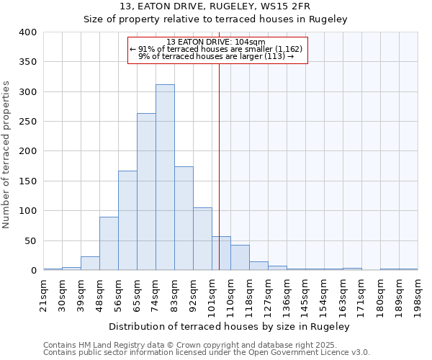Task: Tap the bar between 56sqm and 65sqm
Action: (127, 220)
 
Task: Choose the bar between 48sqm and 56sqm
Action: (109, 243)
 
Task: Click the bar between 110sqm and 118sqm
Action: (240, 258)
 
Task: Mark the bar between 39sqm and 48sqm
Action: (90, 264)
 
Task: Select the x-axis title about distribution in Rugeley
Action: (230, 327)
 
